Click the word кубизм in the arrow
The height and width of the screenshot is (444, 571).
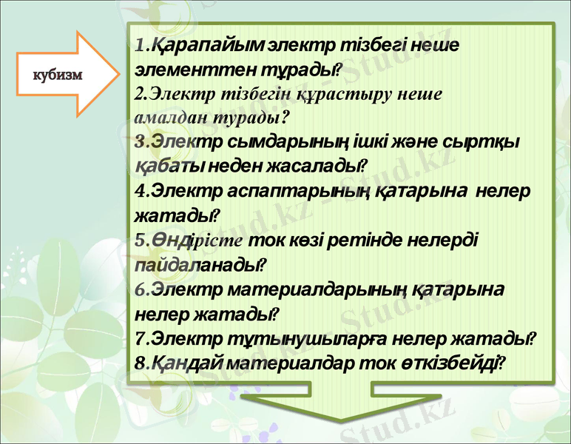pyautogui.click(x=57, y=74)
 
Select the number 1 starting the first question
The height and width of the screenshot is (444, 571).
pyautogui.click(x=140, y=47)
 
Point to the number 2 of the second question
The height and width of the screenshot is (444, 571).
pyautogui.click(x=139, y=95)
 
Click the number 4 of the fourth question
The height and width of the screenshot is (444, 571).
pyautogui.click(x=140, y=190)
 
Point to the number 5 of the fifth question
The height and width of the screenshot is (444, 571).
pyautogui.click(x=140, y=240)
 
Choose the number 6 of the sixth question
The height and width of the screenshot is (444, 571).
pyautogui.click(x=140, y=289)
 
